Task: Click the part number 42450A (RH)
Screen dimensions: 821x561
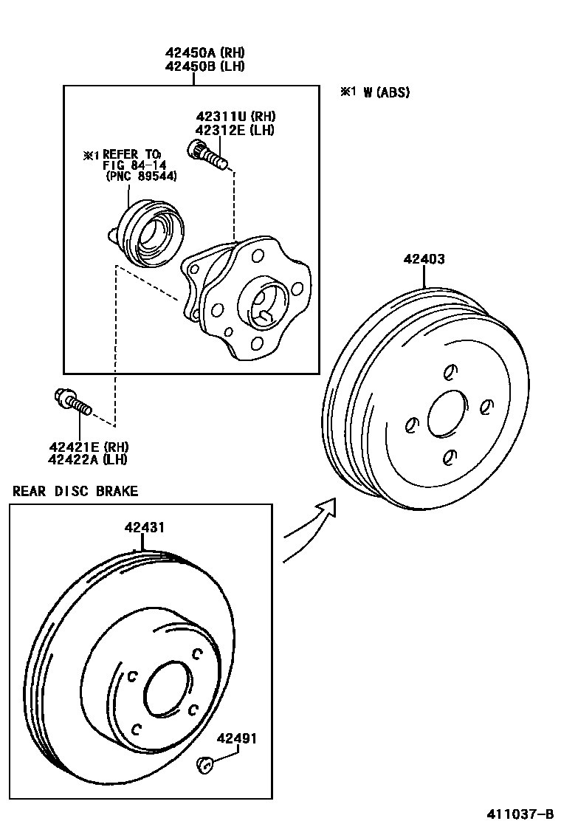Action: click(204, 53)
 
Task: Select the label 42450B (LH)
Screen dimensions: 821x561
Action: click(204, 66)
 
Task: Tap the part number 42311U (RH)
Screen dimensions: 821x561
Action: click(235, 117)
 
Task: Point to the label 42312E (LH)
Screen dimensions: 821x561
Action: click(235, 130)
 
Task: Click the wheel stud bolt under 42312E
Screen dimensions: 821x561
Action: click(210, 156)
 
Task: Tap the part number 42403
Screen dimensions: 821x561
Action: click(424, 259)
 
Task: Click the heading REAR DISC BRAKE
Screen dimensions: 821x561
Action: click(75, 491)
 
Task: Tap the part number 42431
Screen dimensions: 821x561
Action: click(144, 527)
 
